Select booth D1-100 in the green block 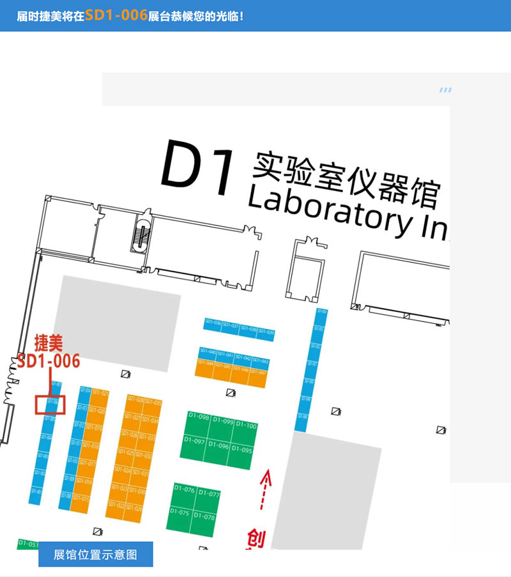click(246, 427)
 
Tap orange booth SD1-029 click(134, 509)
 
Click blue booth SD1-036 click(213, 323)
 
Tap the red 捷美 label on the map click(49, 343)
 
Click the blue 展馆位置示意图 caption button click(96, 555)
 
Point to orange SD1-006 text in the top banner click(116, 15)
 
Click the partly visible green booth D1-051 click(28, 544)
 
